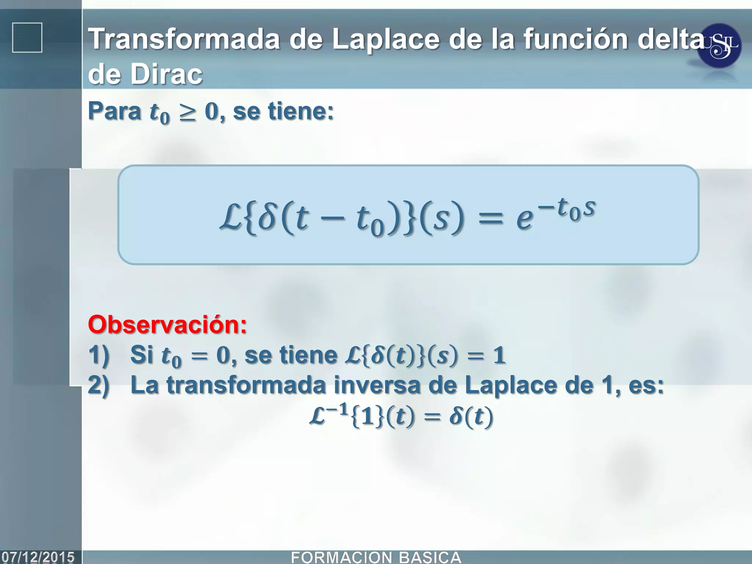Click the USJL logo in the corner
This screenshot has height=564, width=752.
[x=719, y=46]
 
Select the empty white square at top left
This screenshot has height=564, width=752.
[x=27, y=37]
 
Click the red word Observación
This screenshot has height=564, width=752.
[x=167, y=325]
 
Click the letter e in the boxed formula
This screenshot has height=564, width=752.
[x=524, y=219]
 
